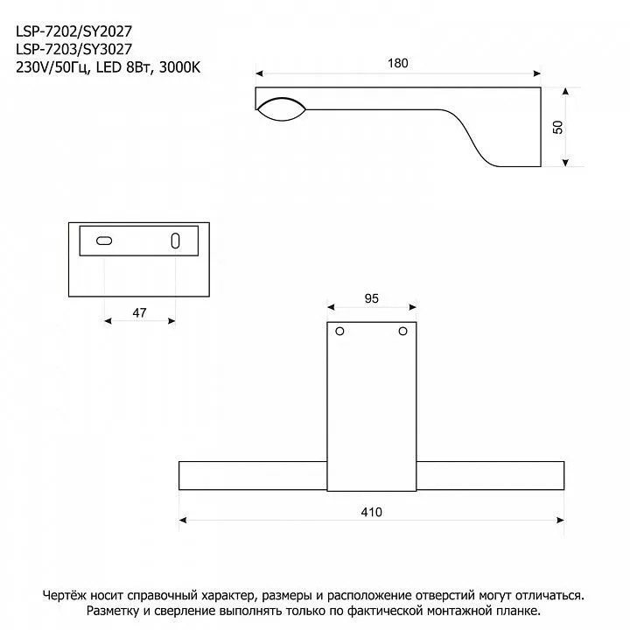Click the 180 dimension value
(398, 63)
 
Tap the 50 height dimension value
(557, 127)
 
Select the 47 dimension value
(139, 312)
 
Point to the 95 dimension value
(372, 298)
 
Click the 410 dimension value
(372, 512)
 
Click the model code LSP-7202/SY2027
(73, 31)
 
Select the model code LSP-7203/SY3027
(73, 49)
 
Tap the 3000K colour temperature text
(179, 67)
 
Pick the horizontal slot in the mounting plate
(104, 241)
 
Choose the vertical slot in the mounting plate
(176, 241)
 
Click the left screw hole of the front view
(339, 332)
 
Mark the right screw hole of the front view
(403, 332)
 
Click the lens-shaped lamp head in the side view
(281, 108)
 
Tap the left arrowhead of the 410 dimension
(183, 521)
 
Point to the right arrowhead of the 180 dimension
(536, 73)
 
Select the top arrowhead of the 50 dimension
(566, 92)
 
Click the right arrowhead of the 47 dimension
(172, 321)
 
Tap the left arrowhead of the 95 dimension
(331, 307)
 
